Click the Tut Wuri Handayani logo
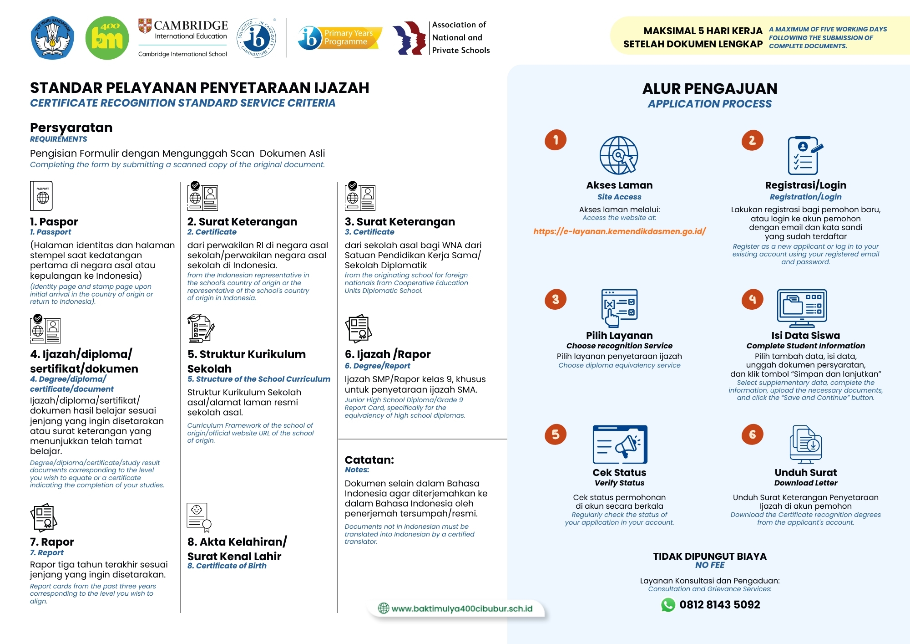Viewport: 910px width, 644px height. pos(52,38)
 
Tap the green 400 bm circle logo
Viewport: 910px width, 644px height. pos(107,38)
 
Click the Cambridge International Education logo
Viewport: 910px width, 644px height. pos(183,38)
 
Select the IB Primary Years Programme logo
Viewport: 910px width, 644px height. pos(339,38)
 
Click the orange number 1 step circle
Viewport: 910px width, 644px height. pos(556,140)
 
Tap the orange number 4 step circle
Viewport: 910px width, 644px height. pos(752,299)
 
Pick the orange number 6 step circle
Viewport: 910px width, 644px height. pos(752,434)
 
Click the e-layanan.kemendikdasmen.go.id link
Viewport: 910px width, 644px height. pos(619,231)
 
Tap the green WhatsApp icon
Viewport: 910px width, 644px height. pos(668,605)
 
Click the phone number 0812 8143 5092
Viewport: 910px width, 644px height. pos(719,605)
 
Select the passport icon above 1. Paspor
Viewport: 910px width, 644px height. pos(41,196)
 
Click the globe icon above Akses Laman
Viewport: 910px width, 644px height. pos(619,155)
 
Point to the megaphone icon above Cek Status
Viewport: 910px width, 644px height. pos(620,445)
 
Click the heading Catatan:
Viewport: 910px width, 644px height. pos(369,460)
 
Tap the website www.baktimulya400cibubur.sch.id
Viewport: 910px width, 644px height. pos(461,608)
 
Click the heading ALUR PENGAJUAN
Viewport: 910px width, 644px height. pos(709,88)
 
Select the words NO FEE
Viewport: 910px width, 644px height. pos(710,565)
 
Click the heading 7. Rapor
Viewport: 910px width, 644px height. pos(52,542)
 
